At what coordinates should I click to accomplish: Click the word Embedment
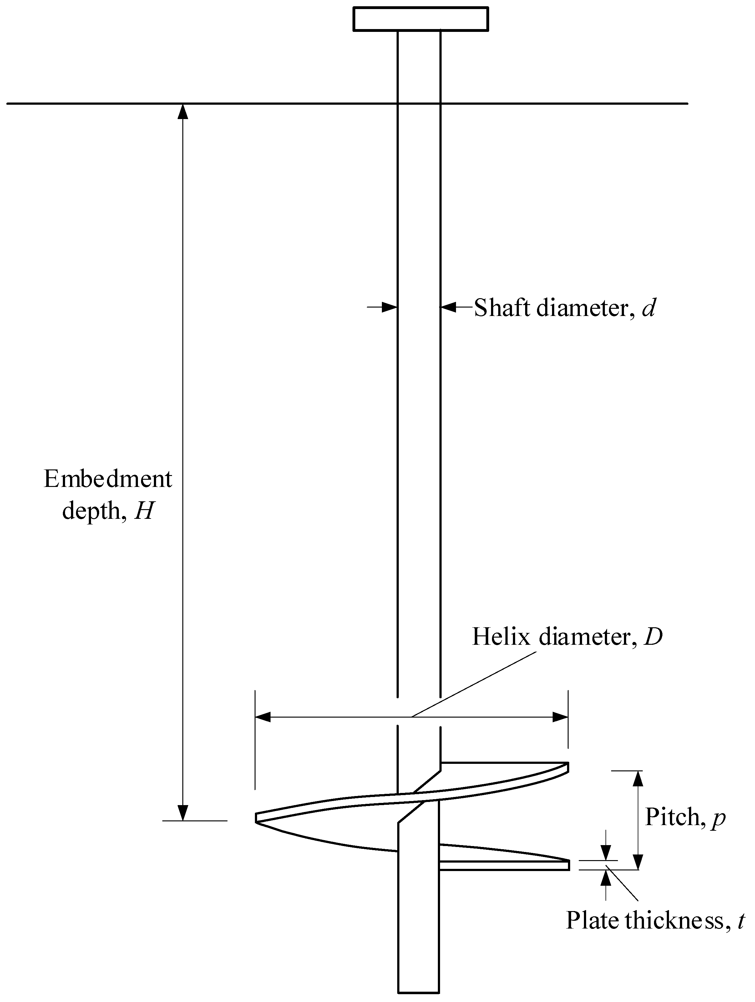[x=108, y=479]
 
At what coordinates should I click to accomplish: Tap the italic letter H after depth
[x=144, y=511]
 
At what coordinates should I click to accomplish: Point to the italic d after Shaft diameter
[x=648, y=308]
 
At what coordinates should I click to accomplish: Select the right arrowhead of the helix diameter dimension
[x=560, y=717]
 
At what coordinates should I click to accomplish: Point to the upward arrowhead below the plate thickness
[x=606, y=879]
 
